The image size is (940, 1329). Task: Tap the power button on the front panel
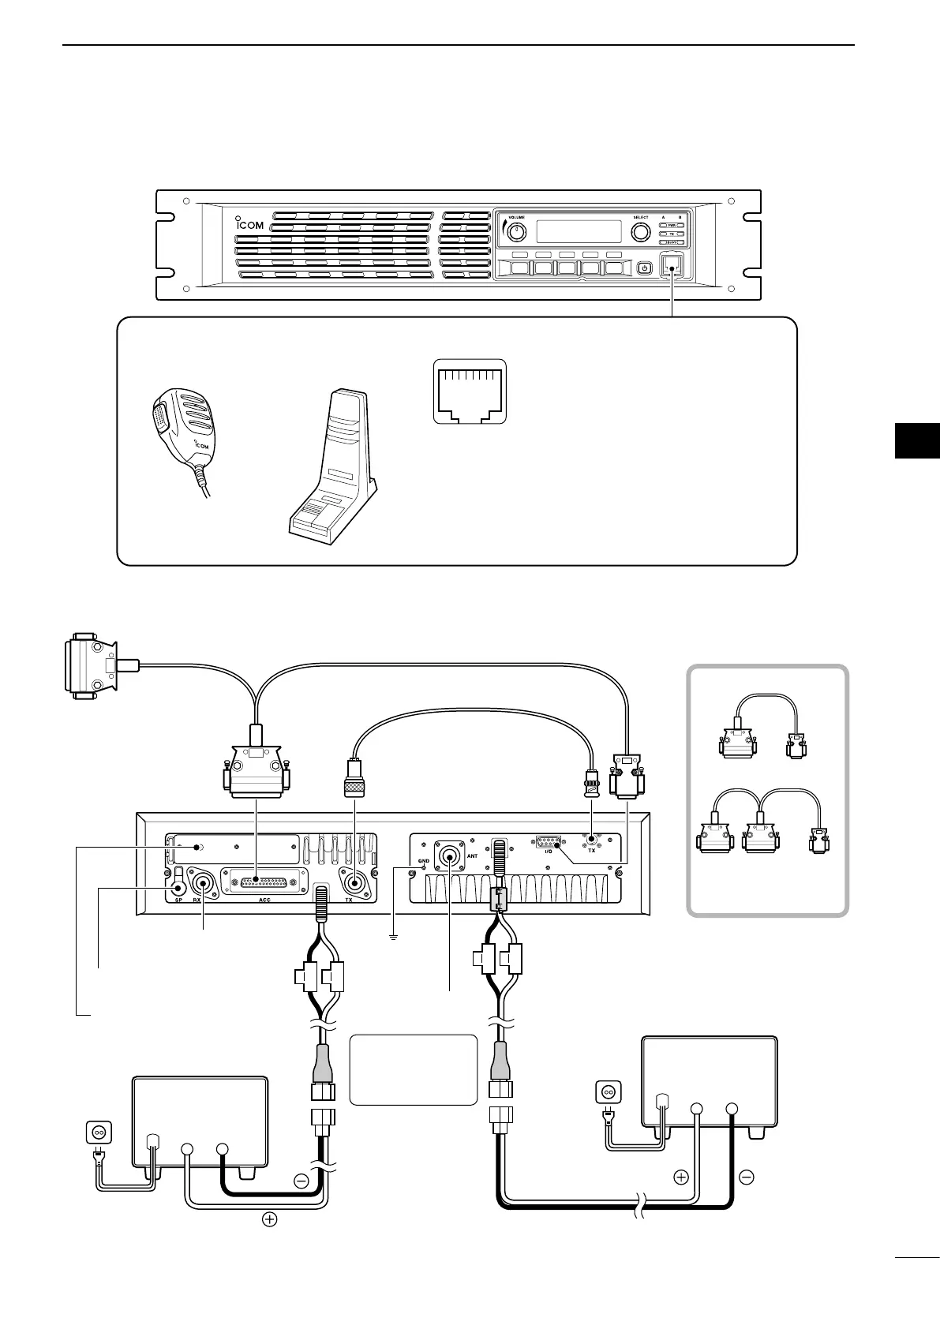click(645, 268)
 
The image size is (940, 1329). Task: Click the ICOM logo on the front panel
click(249, 224)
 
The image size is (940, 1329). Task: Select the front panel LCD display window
click(579, 231)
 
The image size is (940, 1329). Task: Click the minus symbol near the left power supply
click(301, 1181)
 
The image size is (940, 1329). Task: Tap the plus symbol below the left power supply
click(270, 1241)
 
